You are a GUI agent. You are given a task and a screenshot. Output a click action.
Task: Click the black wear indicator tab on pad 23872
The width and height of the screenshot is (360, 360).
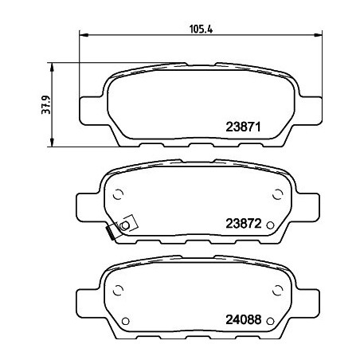click(110, 233)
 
